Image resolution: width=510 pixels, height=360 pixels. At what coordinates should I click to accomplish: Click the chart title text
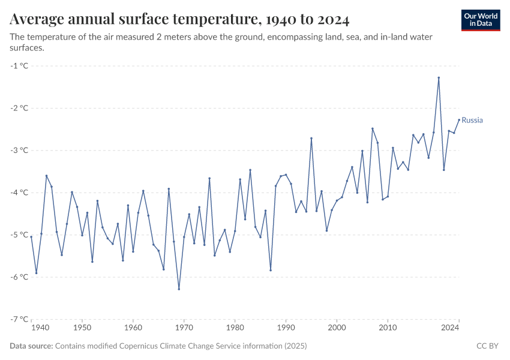click(x=179, y=19)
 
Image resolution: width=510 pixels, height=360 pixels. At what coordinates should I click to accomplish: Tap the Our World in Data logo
click(x=481, y=20)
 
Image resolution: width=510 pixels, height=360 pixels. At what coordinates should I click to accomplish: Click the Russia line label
click(x=472, y=120)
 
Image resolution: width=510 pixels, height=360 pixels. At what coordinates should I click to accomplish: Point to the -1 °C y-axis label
click(x=20, y=66)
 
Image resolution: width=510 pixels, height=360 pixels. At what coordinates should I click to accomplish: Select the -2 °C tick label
click(x=20, y=108)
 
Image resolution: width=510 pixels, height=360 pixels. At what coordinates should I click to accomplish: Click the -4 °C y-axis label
click(x=20, y=193)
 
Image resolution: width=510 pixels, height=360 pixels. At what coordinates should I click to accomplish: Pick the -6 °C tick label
click(x=20, y=277)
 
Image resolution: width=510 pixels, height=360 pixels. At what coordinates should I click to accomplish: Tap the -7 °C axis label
click(x=20, y=319)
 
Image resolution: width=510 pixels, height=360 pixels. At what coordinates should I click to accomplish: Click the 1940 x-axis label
click(x=40, y=328)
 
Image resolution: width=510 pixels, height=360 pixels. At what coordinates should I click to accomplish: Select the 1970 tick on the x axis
click(x=184, y=328)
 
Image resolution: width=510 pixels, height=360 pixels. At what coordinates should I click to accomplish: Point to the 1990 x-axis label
click(x=286, y=328)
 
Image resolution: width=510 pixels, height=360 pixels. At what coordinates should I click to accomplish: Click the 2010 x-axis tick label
click(x=388, y=328)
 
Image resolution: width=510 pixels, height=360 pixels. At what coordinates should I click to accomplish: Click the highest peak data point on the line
click(x=439, y=77)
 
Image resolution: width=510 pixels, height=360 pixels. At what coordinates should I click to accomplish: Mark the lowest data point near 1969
click(x=179, y=289)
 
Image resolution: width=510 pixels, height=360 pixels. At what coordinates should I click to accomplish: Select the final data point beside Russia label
click(x=459, y=119)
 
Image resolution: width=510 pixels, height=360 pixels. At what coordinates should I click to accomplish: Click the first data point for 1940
click(x=31, y=237)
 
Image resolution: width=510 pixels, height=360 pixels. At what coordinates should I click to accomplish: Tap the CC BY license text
click(x=487, y=346)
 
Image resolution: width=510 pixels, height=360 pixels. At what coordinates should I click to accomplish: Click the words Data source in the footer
click(x=31, y=346)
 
